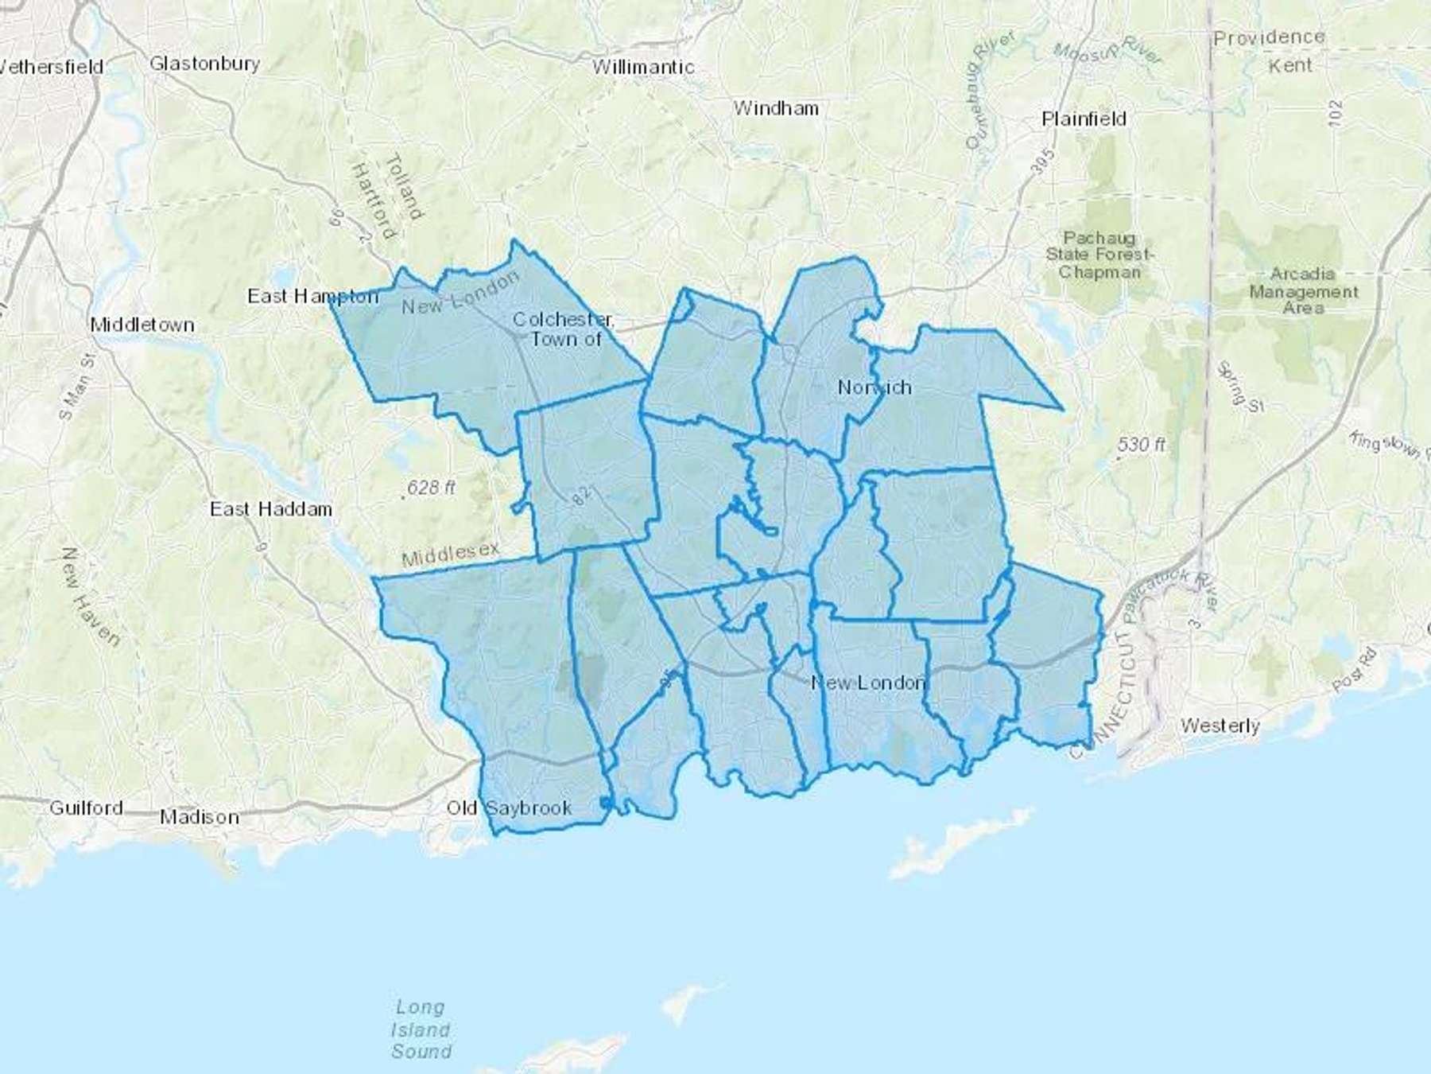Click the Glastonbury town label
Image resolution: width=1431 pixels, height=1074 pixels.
[x=204, y=64]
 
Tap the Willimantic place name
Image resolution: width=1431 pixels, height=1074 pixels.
[x=643, y=68]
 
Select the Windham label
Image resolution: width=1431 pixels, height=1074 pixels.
[x=776, y=108]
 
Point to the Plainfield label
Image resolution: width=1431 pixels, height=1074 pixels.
[x=1084, y=119]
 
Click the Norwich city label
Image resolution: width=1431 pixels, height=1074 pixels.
[x=874, y=387]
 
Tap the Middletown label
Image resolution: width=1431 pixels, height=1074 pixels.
[x=142, y=325]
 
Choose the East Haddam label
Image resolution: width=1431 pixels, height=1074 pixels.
[x=271, y=509]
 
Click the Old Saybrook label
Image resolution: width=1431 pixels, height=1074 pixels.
[x=509, y=808]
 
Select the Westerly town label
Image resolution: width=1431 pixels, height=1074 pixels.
[x=1220, y=726]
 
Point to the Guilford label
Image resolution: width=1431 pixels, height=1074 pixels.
[x=86, y=808]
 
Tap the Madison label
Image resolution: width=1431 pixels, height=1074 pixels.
[x=199, y=817]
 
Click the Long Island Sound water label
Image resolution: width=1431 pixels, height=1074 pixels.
[x=421, y=1029]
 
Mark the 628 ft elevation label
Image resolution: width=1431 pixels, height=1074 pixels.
[x=431, y=488]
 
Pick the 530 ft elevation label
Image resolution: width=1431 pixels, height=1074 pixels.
[x=1141, y=445]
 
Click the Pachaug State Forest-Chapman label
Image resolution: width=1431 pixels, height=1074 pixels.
[x=1099, y=255]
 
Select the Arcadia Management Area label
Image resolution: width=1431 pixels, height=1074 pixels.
[x=1302, y=290]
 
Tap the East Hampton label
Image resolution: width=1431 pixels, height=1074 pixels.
[x=312, y=297]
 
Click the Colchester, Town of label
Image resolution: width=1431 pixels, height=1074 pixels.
[x=564, y=329]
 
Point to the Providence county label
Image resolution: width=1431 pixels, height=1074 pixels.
[x=1269, y=37]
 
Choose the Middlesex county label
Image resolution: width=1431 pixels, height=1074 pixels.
[x=451, y=555]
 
